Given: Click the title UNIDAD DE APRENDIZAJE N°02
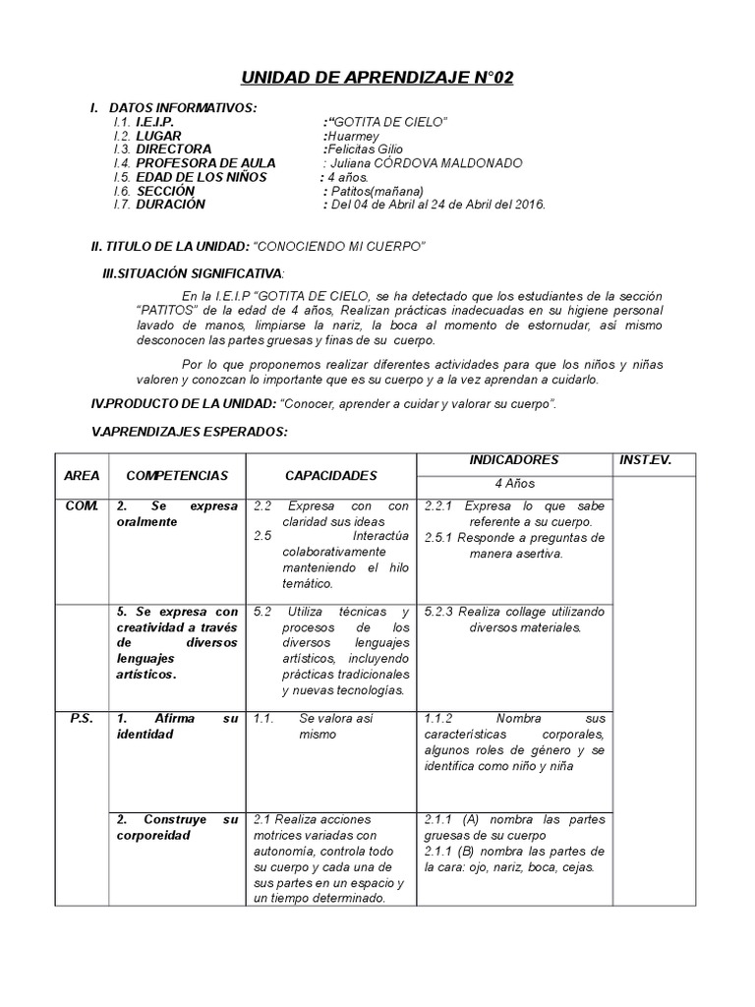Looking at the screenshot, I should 377,78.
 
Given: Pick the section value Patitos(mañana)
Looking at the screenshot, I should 377,191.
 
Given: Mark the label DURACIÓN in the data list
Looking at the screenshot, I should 171,205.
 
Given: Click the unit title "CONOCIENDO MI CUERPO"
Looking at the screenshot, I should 338,244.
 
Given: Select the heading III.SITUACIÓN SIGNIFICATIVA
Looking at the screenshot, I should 194,271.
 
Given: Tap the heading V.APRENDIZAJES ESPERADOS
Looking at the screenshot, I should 190,431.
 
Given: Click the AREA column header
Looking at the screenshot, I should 82,476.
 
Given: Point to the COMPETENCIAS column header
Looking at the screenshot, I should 177,476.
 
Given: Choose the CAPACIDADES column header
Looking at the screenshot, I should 330,476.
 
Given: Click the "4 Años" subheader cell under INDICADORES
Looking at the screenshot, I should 514,484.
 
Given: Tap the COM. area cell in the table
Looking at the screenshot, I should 82,505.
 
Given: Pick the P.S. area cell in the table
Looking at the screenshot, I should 82,719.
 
